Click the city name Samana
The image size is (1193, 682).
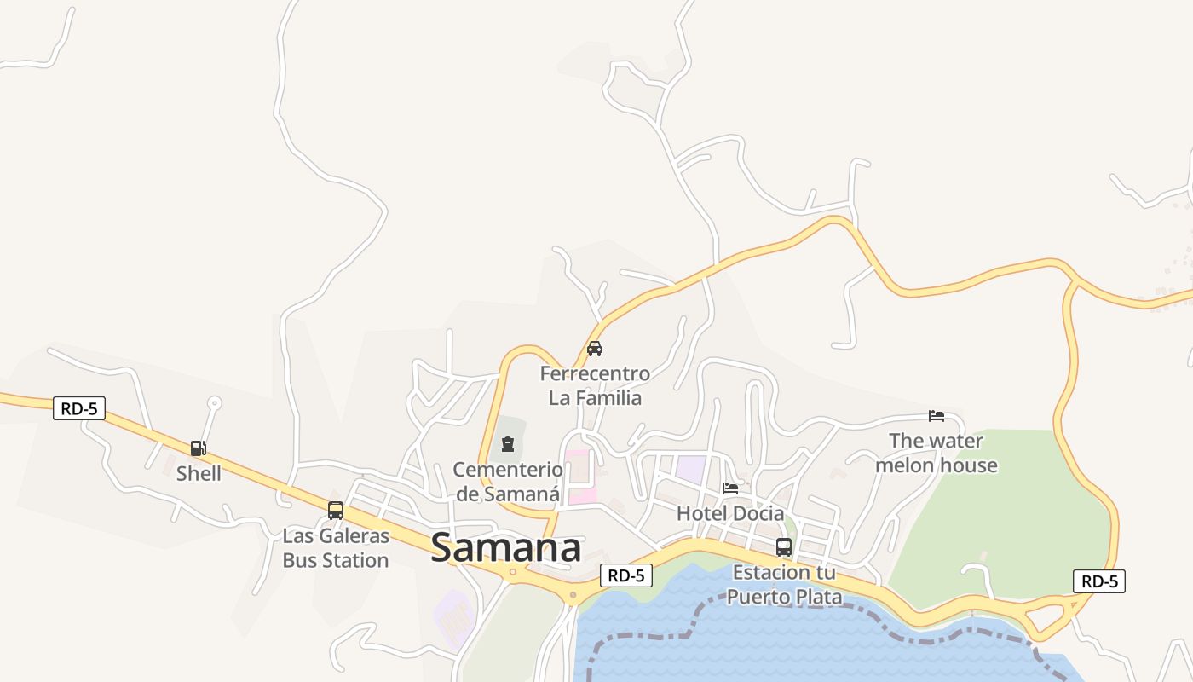click(506, 548)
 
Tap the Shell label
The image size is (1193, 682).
click(199, 473)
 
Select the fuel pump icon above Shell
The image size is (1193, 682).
click(198, 448)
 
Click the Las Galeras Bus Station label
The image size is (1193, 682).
click(336, 548)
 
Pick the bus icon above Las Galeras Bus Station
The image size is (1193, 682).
click(336, 511)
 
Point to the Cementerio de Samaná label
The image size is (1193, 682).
click(508, 481)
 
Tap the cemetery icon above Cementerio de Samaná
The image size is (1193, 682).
click(508, 443)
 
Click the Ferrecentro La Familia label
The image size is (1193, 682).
click(595, 385)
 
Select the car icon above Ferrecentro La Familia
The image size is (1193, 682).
click(595, 348)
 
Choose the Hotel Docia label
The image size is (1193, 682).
click(730, 513)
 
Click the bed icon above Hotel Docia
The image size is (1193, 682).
click(730, 488)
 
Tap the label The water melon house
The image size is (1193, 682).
click(937, 453)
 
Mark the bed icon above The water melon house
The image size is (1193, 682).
click(937, 415)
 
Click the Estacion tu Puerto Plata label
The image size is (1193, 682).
click(784, 584)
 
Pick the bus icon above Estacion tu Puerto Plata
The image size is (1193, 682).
click(784, 547)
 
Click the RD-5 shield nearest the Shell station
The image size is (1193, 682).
click(79, 408)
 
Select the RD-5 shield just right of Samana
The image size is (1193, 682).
click(626, 575)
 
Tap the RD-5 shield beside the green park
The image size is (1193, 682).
click(1099, 581)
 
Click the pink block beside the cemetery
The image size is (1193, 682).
click(579, 476)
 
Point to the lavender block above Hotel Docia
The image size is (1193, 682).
click(691, 469)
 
